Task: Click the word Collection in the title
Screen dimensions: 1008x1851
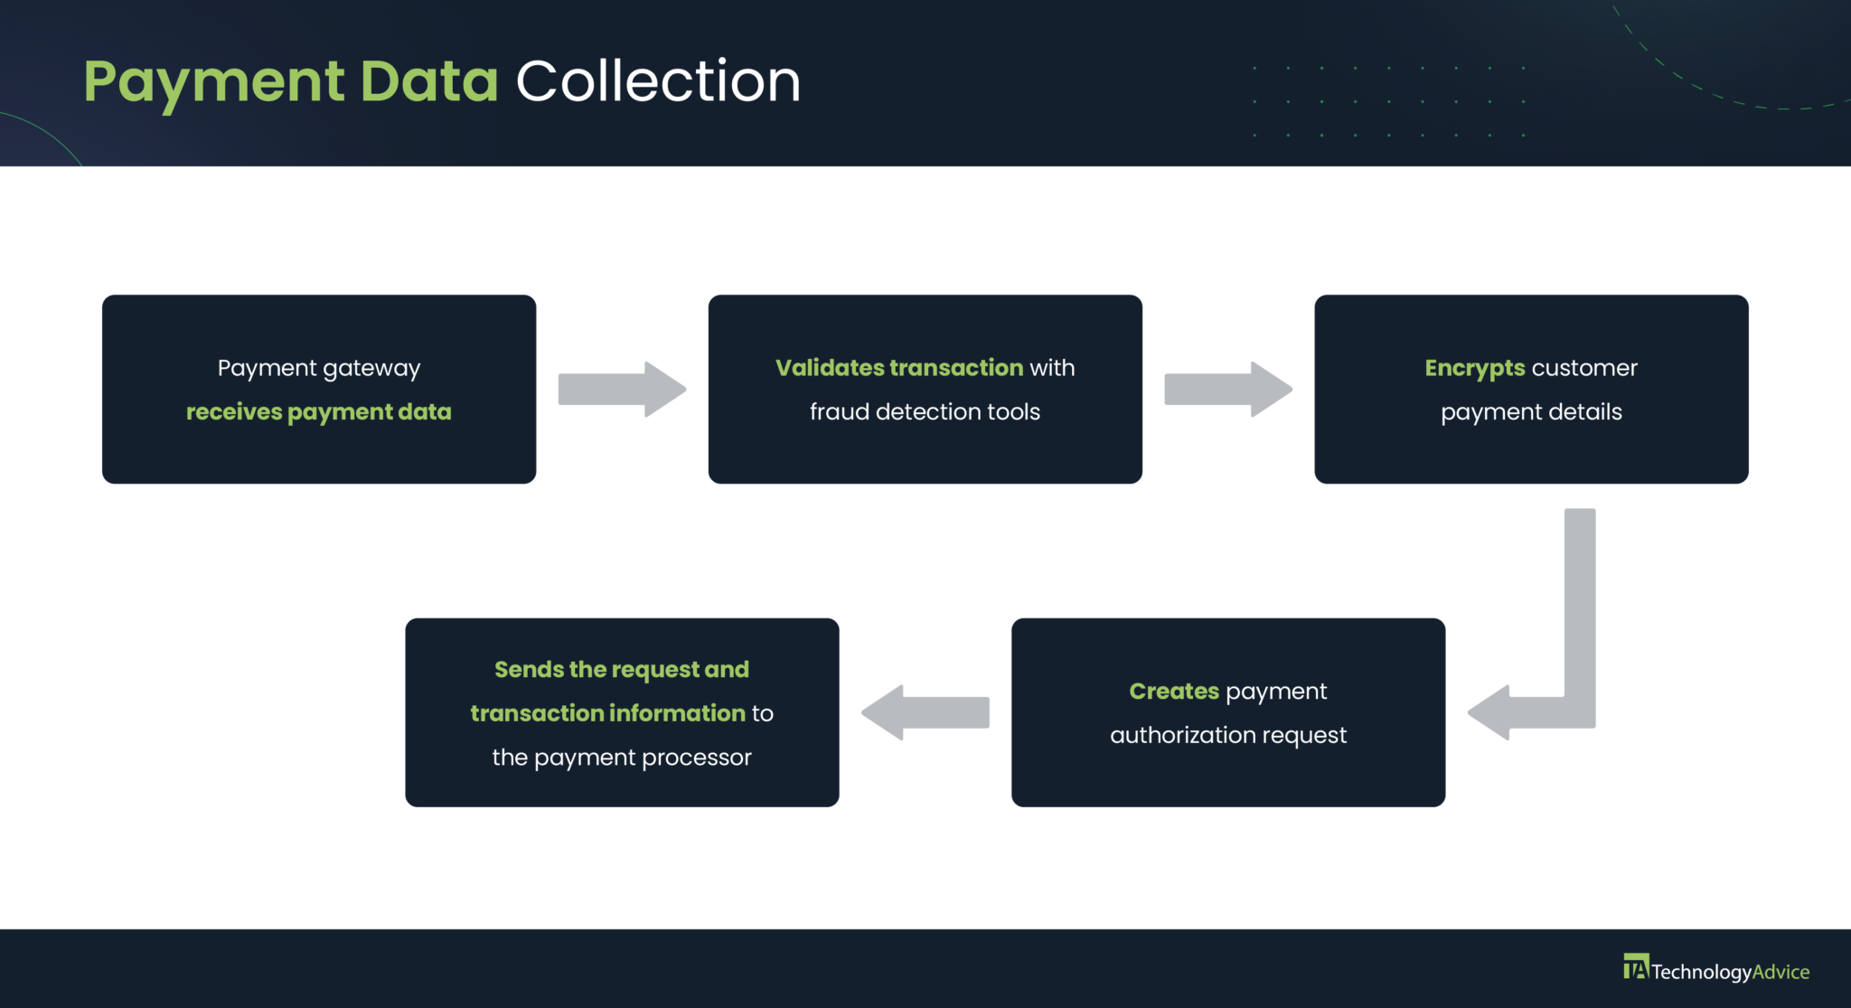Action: [658, 81]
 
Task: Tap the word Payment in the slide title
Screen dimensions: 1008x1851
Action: [214, 81]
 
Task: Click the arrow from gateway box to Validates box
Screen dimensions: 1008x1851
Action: [622, 390]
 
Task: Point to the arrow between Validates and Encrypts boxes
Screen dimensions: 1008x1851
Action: [1227, 390]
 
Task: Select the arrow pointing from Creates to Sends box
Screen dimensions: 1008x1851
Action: [925, 712]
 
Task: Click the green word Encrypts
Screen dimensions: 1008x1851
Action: [1474, 368]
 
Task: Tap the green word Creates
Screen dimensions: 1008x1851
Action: [1174, 692]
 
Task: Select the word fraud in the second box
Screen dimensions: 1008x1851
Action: [839, 412]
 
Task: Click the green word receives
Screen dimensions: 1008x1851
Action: [234, 412]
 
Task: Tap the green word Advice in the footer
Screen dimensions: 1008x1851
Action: [1781, 972]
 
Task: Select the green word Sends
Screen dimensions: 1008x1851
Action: [529, 670]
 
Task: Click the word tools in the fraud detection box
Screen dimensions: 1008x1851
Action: [1013, 412]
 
